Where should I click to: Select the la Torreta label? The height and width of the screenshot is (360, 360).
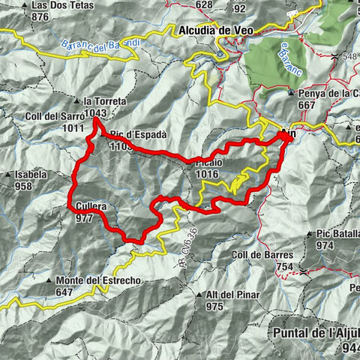(105, 101)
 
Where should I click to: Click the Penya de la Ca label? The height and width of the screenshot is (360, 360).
(328, 93)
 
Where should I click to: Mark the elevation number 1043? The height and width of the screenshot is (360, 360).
(94, 112)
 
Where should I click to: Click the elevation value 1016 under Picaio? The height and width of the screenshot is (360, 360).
(205, 173)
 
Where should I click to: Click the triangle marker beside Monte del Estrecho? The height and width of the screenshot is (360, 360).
(49, 281)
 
